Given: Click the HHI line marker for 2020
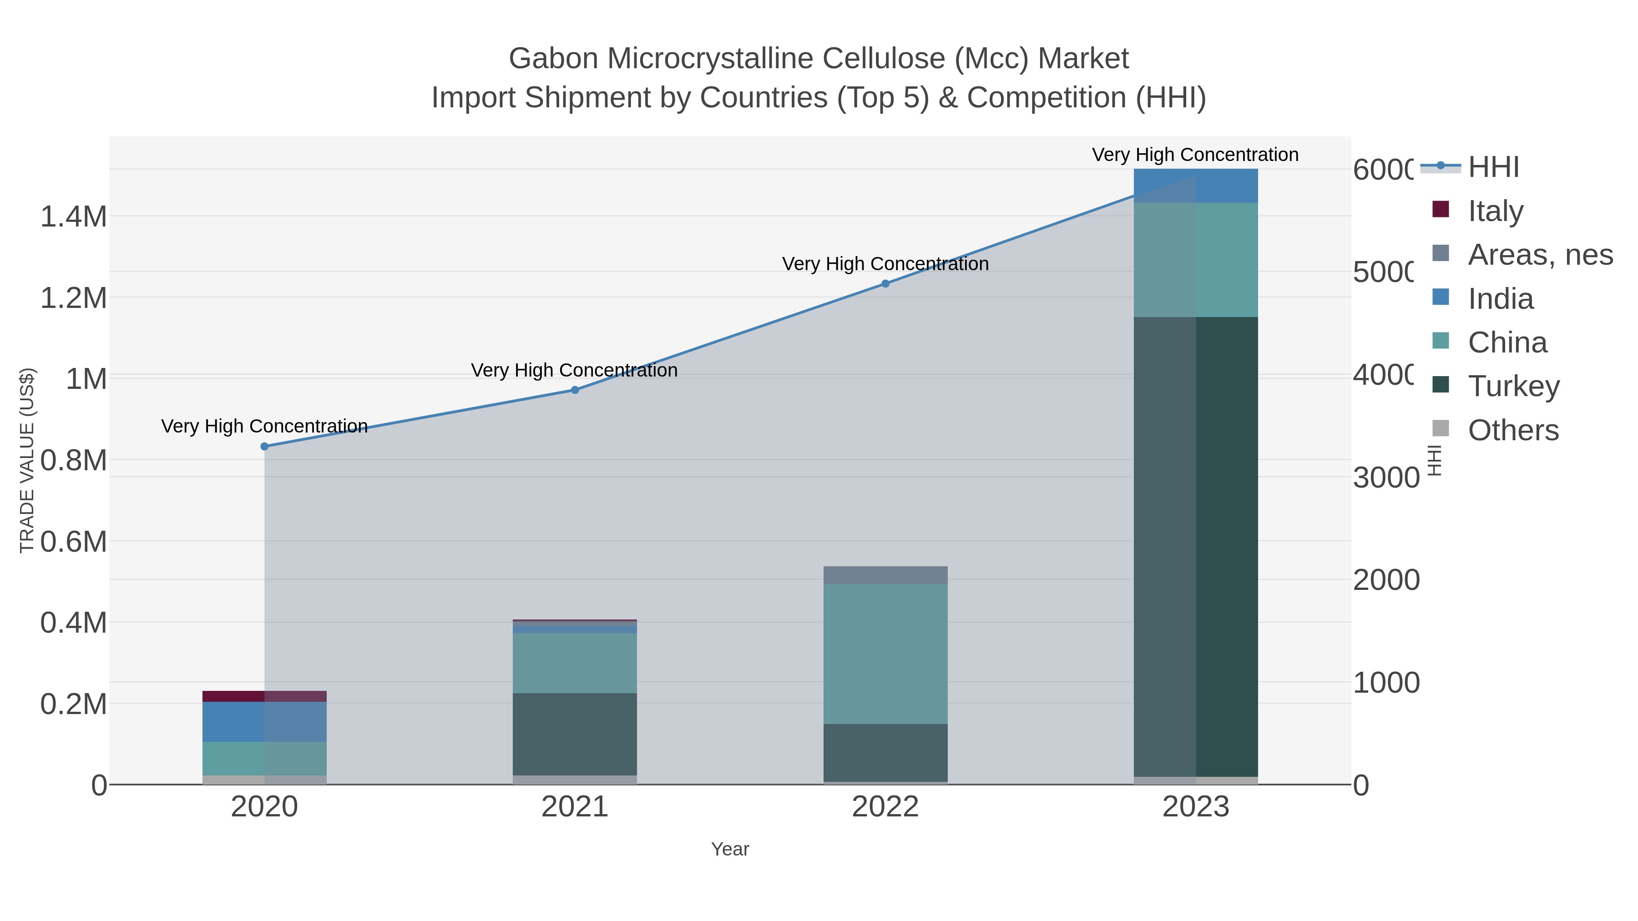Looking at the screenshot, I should [264, 446].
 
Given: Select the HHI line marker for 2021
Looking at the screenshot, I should [575, 390].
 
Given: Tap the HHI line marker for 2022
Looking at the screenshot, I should [885, 283].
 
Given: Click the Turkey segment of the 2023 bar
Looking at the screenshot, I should [1195, 547].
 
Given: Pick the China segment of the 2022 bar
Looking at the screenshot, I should [885, 654].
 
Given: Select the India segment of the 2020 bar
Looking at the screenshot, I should [264, 721].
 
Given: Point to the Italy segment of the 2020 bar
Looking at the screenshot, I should [264, 696].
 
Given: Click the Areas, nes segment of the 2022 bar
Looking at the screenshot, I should [885, 574].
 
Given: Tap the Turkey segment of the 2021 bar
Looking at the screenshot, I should [575, 734].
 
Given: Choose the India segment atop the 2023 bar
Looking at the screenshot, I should [1195, 186].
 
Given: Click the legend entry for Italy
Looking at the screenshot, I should [1494, 211].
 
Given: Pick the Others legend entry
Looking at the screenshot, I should [1512, 430].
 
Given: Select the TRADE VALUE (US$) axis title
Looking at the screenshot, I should [27, 460].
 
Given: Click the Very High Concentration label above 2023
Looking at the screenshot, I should [1195, 155].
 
